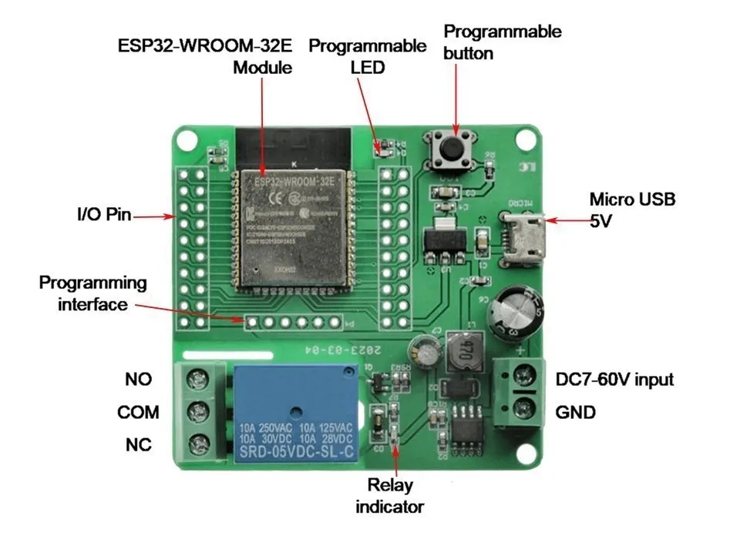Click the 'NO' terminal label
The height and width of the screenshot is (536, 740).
[138, 380]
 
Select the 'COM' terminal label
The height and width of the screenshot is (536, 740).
[138, 413]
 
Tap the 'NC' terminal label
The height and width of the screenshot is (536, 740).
[138, 445]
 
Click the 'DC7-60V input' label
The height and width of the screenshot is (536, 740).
[614, 380]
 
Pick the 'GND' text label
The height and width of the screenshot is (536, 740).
[575, 413]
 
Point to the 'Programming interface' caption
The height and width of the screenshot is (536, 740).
[92, 293]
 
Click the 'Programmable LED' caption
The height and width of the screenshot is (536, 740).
[367, 55]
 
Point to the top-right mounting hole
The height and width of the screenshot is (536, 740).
[526, 139]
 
